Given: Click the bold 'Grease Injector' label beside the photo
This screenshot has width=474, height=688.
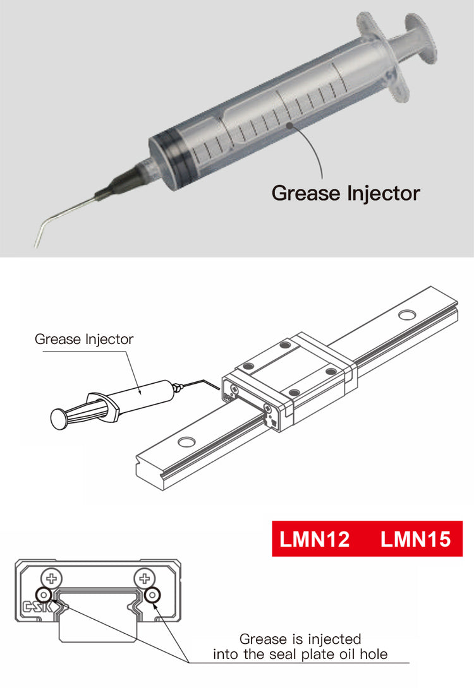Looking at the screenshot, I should tap(345, 193).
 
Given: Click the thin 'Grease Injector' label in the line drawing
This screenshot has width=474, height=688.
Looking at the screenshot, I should tap(84, 339).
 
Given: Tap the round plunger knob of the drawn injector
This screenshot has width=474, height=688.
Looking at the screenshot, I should tap(58, 417).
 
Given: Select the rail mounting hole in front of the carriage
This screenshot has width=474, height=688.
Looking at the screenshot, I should tap(186, 442).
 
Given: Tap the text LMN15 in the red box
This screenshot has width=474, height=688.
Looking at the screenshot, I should tap(415, 540).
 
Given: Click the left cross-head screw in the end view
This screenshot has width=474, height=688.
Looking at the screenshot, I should tap(52, 578).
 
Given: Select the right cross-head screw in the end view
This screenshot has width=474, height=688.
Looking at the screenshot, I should tap(145, 578).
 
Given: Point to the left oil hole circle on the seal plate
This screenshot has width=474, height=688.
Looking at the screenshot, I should tap(44, 595).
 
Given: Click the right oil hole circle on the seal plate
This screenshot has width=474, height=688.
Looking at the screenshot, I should tap(152, 595).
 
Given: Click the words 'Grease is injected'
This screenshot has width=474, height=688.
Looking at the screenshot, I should tap(300, 639).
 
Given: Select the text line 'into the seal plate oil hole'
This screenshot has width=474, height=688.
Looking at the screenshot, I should tap(300, 655).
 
